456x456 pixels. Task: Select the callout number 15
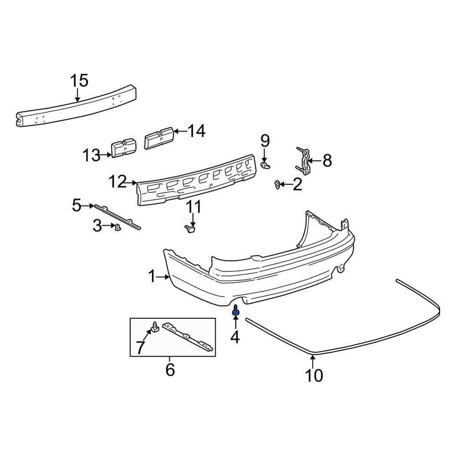79,81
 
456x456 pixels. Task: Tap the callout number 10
314,375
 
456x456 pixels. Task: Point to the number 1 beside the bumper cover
152,276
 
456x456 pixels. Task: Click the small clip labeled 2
277,184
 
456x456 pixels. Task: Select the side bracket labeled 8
303,161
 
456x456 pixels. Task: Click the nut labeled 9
265,166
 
